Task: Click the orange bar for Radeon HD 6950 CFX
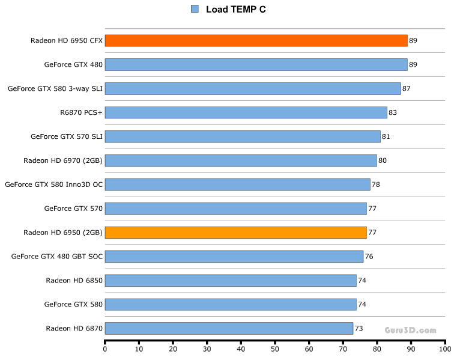[x=256, y=41]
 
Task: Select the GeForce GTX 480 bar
[x=256, y=65]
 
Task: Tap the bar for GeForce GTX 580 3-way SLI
[x=252, y=88]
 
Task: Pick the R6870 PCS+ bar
[x=246, y=112]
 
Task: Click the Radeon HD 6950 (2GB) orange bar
[x=235, y=233]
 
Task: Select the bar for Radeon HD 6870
[x=229, y=328]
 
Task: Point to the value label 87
[x=407, y=88]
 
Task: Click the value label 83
[x=393, y=112]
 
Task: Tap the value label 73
[x=359, y=328]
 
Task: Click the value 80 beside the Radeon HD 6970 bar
[x=383, y=160]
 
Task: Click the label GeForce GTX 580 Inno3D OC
[x=54, y=185]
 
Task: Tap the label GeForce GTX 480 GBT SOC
[x=57, y=257]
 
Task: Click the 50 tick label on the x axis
[x=275, y=349]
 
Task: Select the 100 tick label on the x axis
[x=444, y=349]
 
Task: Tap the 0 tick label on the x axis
[x=105, y=349]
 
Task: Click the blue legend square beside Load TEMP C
[x=195, y=9]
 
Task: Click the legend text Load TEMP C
[x=236, y=9]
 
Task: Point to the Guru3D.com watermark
[x=411, y=330]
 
